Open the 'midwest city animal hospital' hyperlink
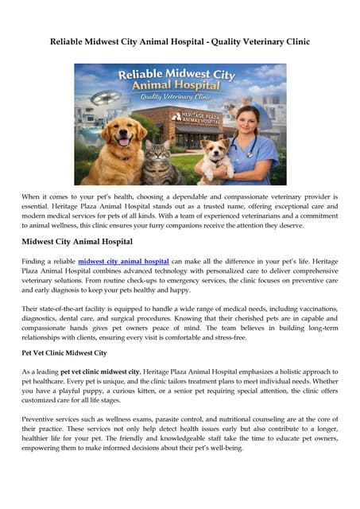pyautogui.click(x=123, y=260)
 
